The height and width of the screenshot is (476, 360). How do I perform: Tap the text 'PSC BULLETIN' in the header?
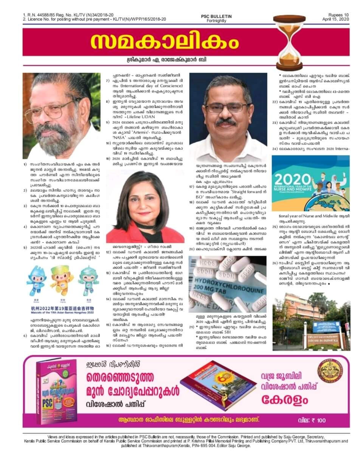(216, 17)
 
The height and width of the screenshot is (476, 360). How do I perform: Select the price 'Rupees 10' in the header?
(338, 15)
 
